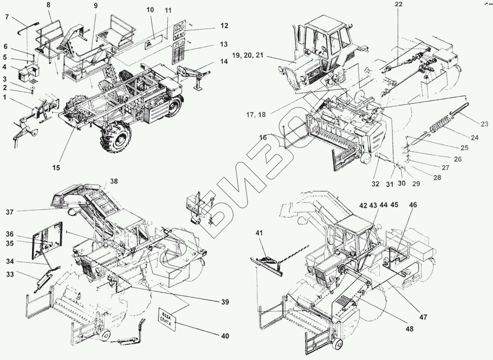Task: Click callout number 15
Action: tap(57, 168)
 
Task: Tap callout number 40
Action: tap(225, 336)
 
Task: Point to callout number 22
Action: tap(399, 5)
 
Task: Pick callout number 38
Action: tap(114, 181)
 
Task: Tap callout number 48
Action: tap(410, 328)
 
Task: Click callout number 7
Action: tap(7, 17)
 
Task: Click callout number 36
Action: tap(10, 234)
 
